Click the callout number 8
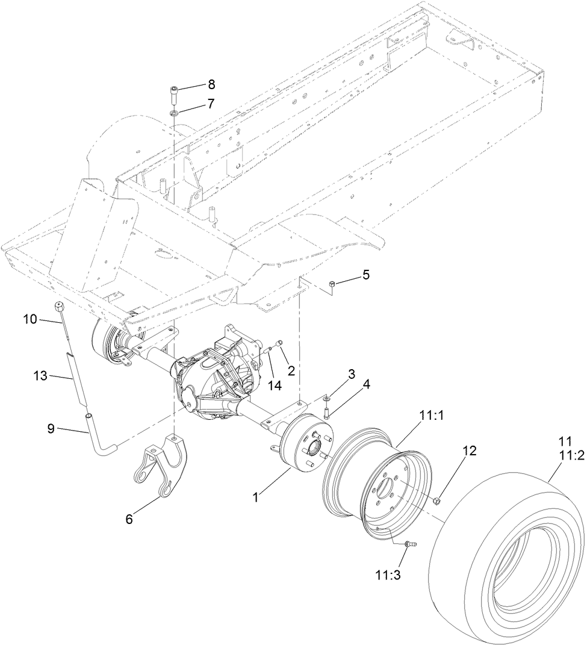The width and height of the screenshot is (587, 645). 211,84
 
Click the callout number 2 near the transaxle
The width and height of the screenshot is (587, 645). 291,370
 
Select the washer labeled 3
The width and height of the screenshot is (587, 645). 325,399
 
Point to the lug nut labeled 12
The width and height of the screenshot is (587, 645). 438,500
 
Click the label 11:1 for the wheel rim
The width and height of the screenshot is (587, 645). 429,415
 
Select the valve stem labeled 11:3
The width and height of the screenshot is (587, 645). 410,544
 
